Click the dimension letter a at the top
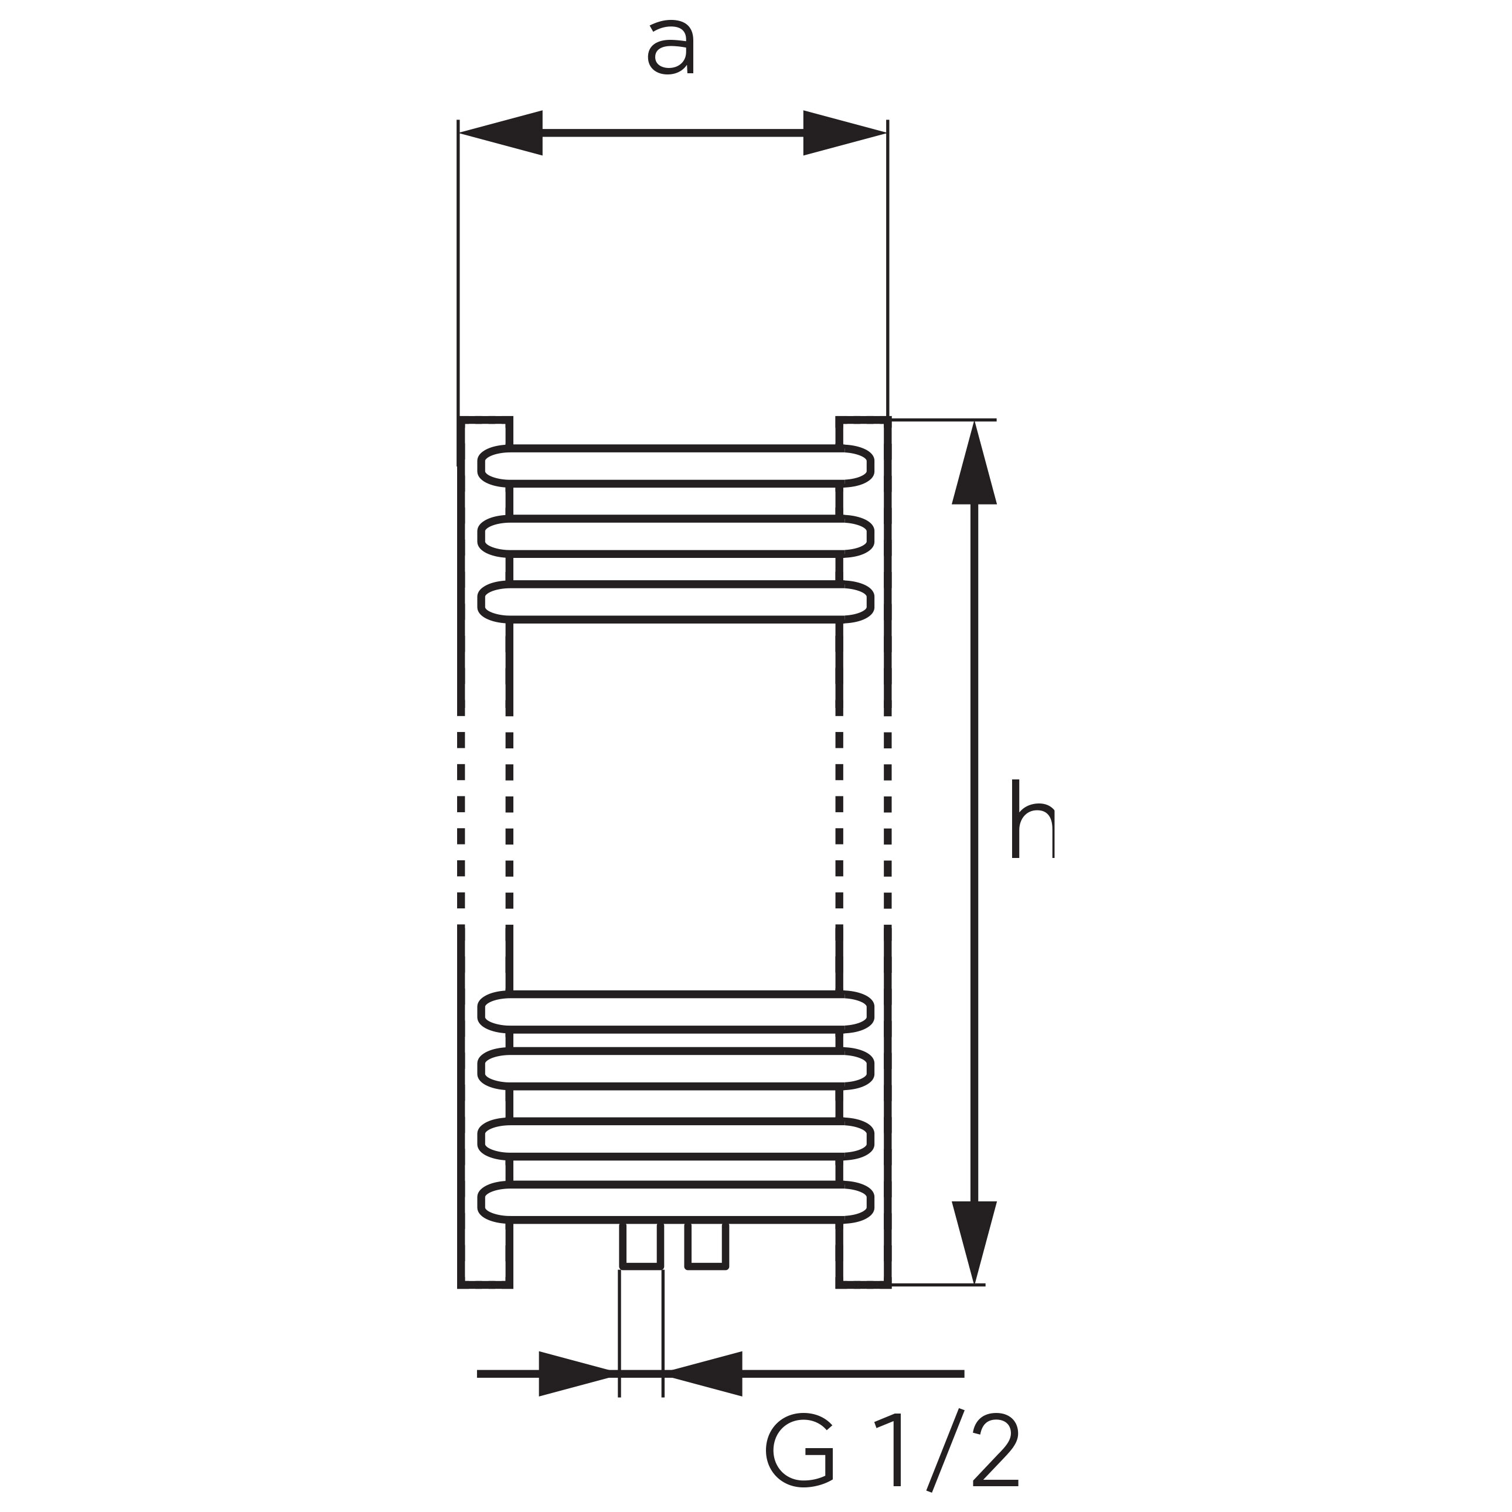pos(670,49)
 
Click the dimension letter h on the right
pos(1032,819)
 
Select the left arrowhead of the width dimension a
pos(501,133)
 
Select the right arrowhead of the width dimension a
pos(844,133)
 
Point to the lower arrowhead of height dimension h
pos(975,1242)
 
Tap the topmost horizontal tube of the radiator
pos(676,466)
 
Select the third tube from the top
pos(676,602)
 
